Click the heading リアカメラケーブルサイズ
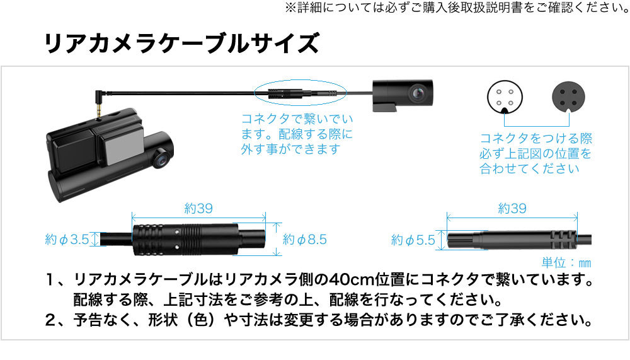pos(181,44)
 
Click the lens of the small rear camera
pos(418,93)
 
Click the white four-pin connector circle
pos(505,96)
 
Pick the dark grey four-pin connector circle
pos(568,96)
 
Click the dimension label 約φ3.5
pos(67,240)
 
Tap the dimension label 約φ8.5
pos(305,240)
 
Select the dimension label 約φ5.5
pos(413,241)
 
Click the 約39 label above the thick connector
pos(198,208)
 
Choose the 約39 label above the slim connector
pos(512,208)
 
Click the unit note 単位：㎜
pos(566,263)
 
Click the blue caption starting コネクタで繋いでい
pos(297,134)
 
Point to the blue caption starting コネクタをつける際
pos(535,153)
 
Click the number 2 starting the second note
pos(50,320)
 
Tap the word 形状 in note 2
pos(163,320)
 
